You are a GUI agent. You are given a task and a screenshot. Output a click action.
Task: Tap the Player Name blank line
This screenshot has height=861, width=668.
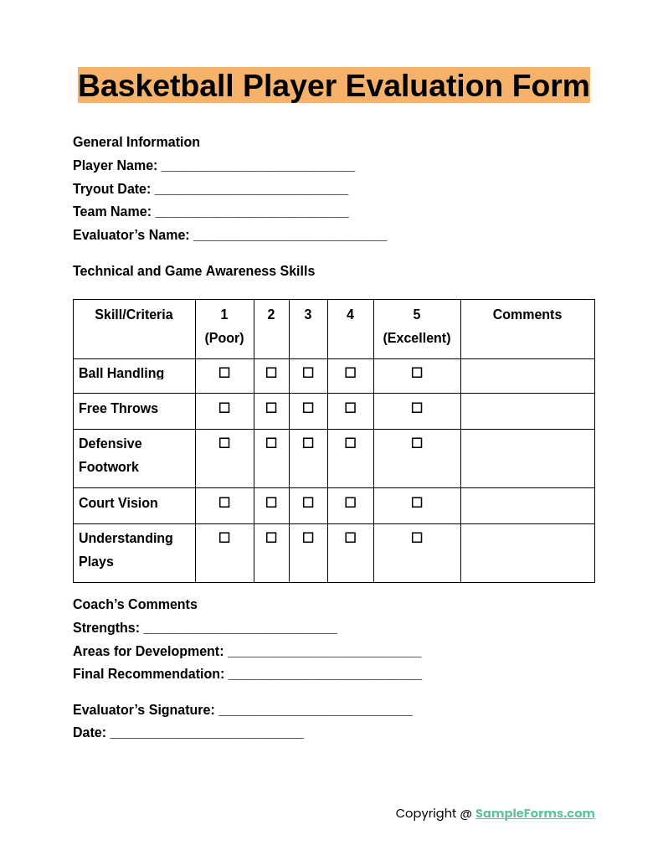click(x=258, y=167)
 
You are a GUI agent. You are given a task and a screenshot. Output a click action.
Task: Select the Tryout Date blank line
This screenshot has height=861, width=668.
click(x=251, y=190)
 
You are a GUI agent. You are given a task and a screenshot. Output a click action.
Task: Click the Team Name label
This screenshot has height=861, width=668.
click(x=112, y=212)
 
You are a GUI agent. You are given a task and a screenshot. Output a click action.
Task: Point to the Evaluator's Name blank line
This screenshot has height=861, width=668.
click(x=290, y=236)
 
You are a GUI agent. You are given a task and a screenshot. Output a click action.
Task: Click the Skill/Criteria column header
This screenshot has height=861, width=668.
click(x=134, y=315)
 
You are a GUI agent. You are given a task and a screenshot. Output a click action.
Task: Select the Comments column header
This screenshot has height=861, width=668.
click(x=527, y=315)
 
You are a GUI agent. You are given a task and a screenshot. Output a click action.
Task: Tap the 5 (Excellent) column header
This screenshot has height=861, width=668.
click(x=417, y=327)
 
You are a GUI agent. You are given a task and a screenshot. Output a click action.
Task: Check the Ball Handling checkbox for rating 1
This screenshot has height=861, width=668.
click(x=224, y=373)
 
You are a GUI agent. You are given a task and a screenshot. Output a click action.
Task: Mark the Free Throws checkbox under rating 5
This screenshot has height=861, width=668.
click(x=417, y=408)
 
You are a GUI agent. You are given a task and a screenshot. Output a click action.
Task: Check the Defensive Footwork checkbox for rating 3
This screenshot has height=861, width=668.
click(x=308, y=443)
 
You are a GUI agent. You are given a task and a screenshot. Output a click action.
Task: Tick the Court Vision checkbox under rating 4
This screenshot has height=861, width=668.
click(x=350, y=503)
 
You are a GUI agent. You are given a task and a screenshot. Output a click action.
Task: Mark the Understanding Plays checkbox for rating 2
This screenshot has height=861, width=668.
click(x=271, y=538)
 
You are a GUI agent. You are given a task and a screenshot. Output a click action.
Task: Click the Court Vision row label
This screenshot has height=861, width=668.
click(x=118, y=503)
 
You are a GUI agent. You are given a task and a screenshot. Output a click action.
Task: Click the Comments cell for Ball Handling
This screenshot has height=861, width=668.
click(x=527, y=376)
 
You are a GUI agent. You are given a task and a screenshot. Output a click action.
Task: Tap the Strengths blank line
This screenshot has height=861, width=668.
click(x=240, y=629)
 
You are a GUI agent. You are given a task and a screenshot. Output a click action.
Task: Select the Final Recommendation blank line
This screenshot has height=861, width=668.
click(x=325, y=675)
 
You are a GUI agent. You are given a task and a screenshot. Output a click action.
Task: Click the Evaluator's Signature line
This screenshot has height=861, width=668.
click(x=316, y=711)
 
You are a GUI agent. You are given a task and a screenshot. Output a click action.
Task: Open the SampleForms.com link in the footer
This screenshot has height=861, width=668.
click(x=535, y=813)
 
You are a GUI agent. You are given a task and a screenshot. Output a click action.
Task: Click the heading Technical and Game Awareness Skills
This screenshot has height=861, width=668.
click(x=194, y=271)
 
